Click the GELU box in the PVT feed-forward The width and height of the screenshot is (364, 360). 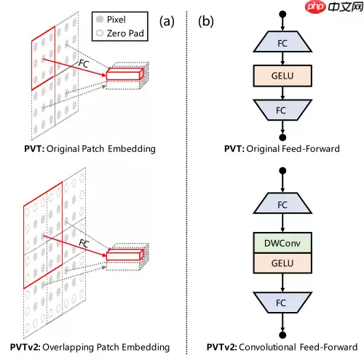(x=281, y=74)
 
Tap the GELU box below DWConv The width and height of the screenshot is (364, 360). (x=281, y=262)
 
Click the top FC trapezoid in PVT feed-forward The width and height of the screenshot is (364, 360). (x=281, y=43)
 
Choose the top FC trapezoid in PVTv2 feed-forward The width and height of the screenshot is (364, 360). (x=281, y=205)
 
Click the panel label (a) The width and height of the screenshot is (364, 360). (x=168, y=20)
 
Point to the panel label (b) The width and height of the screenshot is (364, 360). (x=207, y=20)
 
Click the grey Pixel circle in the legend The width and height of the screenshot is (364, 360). (x=99, y=19)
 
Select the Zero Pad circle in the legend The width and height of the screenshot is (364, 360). (x=99, y=33)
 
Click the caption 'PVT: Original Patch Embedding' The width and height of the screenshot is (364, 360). (x=88, y=149)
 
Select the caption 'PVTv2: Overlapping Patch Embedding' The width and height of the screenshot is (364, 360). (x=89, y=347)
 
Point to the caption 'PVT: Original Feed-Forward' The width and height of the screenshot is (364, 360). (x=281, y=149)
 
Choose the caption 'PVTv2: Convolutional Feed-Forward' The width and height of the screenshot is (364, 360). (x=281, y=347)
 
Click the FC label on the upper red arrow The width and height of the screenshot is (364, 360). (x=84, y=64)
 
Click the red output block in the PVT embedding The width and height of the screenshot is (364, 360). (x=125, y=74)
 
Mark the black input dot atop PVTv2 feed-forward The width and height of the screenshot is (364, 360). (x=281, y=172)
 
